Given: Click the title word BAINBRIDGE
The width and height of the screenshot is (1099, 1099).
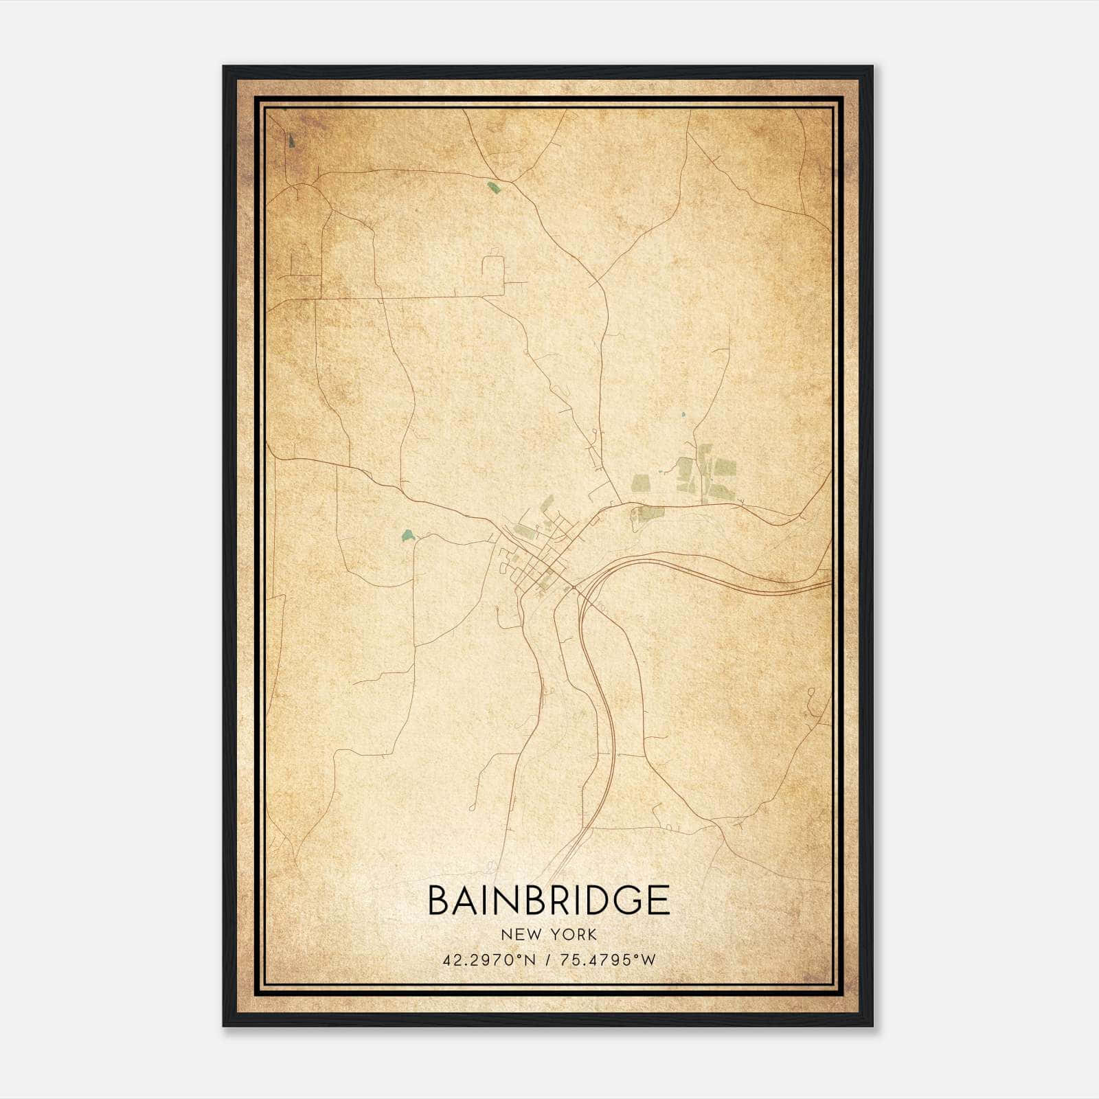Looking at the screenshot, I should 549,900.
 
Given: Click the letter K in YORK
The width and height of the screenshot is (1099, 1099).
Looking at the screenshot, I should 591,934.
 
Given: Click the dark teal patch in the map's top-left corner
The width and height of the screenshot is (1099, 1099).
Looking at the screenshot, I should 292,141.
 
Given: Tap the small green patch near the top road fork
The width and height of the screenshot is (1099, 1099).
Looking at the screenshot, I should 492,186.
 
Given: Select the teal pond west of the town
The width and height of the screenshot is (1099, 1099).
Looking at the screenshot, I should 407,534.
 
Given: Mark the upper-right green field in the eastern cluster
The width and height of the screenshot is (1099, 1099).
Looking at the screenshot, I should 725,468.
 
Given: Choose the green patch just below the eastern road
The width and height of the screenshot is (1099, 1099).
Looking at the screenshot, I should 649,512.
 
